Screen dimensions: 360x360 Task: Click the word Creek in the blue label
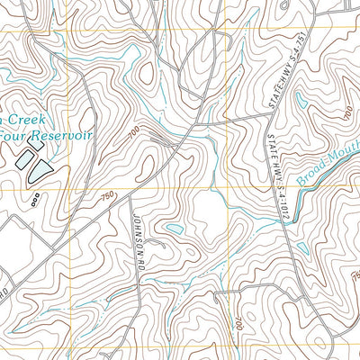pos(32,119)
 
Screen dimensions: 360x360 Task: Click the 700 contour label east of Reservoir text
pos(134,134)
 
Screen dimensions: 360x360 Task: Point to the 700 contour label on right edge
pos(347,112)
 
